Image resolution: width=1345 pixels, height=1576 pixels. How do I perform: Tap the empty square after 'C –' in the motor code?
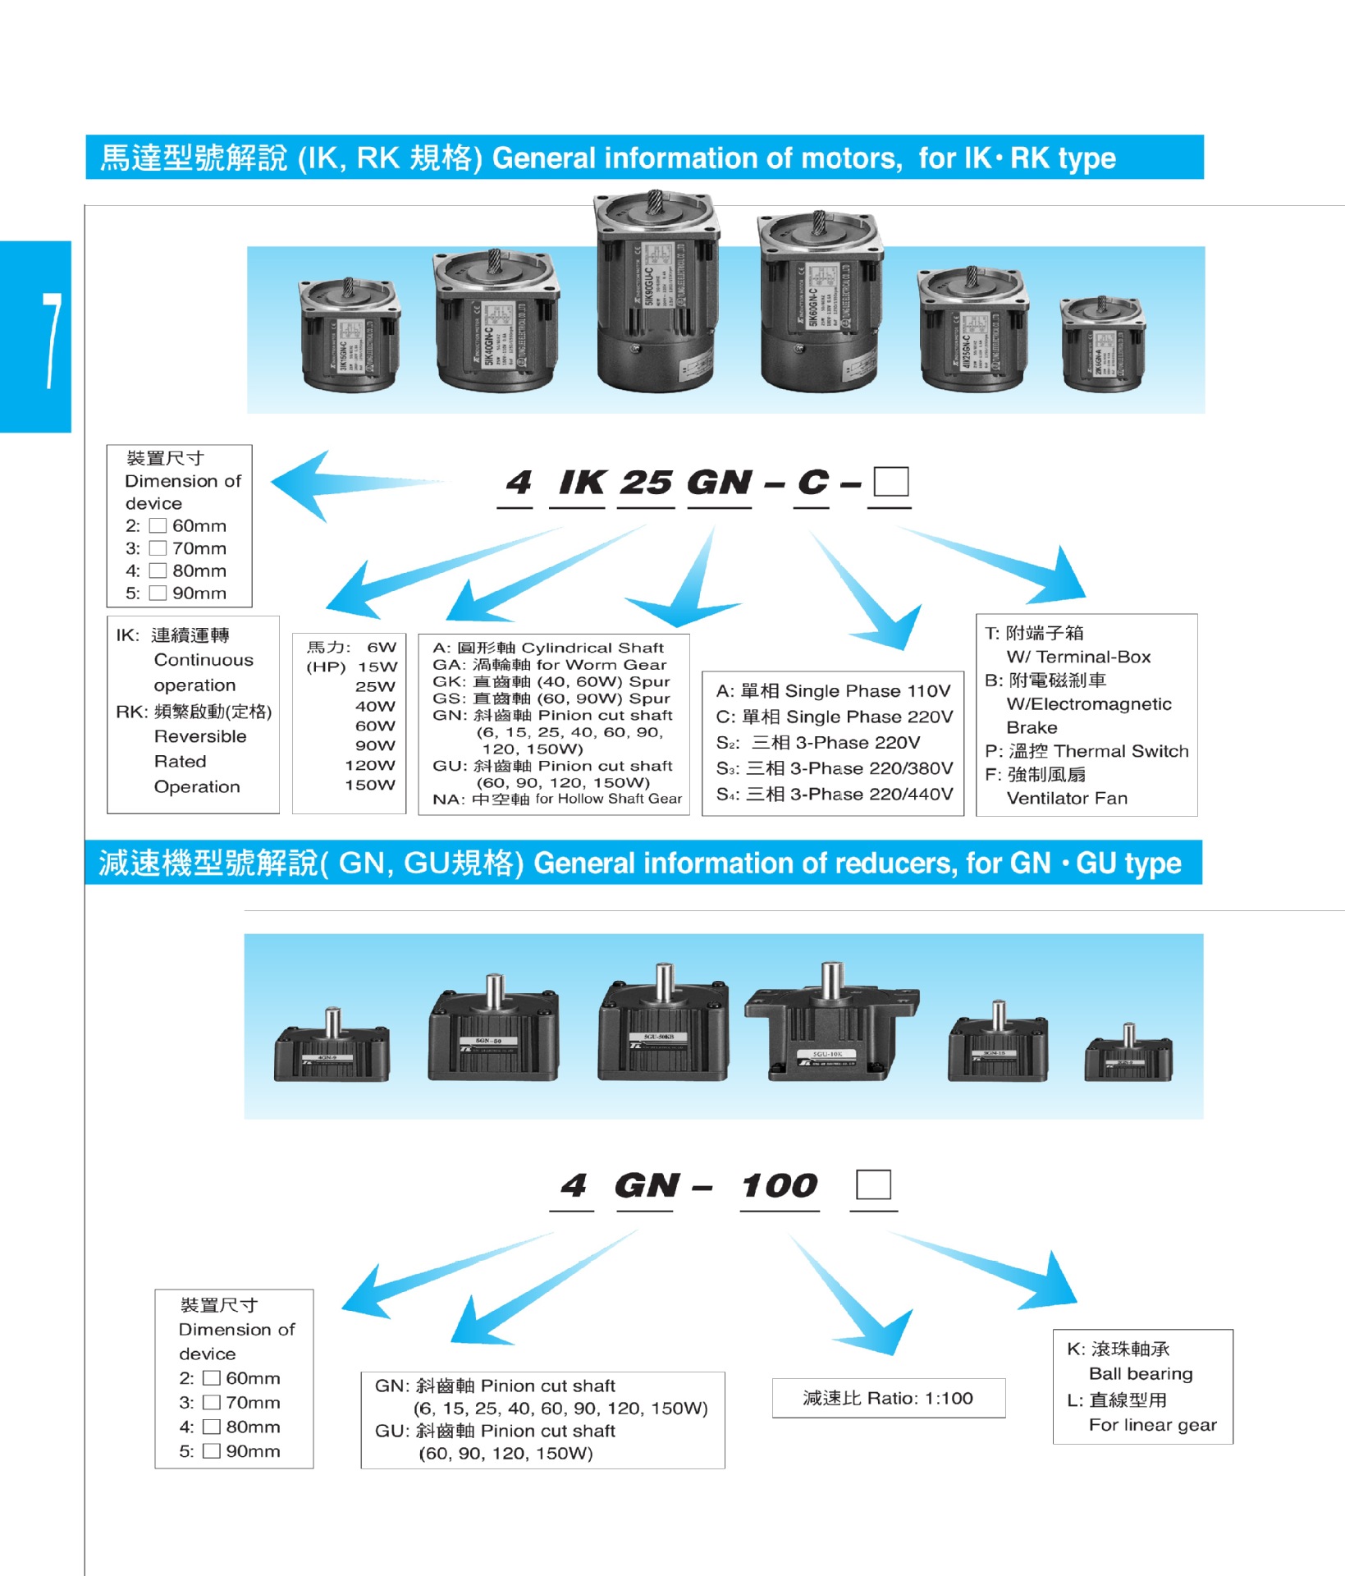click(x=890, y=482)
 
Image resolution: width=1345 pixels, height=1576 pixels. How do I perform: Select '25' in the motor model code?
click(x=647, y=483)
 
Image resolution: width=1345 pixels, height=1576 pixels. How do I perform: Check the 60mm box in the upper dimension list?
click(x=158, y=526)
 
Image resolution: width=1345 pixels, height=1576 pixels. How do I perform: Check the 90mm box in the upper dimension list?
click(x=158, y=593)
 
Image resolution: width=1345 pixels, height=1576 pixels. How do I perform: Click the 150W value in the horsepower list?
click(x=370, y=785)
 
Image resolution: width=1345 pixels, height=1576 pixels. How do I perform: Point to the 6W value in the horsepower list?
click(x=382, y=647)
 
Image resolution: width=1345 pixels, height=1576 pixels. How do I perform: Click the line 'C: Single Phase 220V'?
click(x=834, y=717)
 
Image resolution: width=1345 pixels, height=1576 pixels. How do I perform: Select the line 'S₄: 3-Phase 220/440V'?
click(x=834, y=794)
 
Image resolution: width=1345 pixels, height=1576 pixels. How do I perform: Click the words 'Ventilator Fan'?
click(x=1067, y=798)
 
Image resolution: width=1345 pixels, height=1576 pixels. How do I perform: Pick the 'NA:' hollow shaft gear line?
click(x=557, y=799)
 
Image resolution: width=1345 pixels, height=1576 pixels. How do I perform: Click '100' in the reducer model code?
click(x=780, y=1186)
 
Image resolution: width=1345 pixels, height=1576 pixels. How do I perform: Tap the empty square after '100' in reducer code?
click(x=873, y=1184)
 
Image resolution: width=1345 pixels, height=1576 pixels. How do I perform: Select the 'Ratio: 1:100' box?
click(x=888, y=1398)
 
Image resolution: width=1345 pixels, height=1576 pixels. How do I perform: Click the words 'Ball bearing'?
click(x=1141, y=1373)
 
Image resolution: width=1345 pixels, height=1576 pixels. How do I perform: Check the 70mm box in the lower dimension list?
click(x=212, y=1402)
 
